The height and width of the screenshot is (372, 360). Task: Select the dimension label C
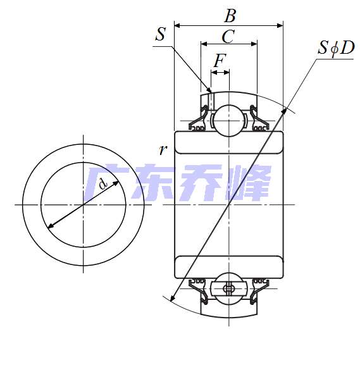(x=228, y=36)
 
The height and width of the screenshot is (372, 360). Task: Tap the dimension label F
(x=220, y=61)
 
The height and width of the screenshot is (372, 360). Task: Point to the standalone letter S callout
(x=161, y=34)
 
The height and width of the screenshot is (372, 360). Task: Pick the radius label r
(x=163, y=150)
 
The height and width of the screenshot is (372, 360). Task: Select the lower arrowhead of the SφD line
(x=171, y=297)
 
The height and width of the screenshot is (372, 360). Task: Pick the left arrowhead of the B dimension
(x=177, y=26)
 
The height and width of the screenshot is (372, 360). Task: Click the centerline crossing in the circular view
(x=83, y=204)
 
